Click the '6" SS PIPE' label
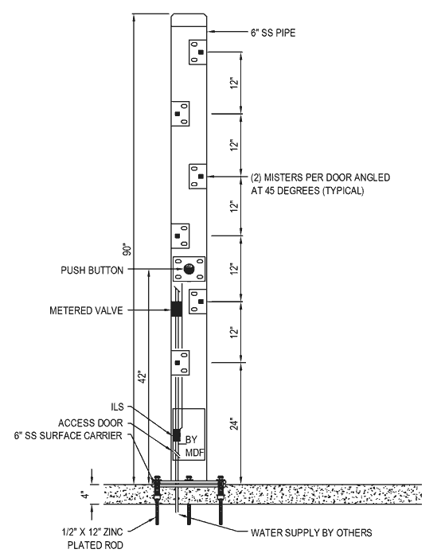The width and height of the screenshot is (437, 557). pyautogui.click(x=273, y=33)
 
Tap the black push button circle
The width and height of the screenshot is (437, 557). pyautogui.click(x=189, y=269)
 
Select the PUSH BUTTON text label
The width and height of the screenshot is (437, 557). pyautogui.click(x=92, y=271)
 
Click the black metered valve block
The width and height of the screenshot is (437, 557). pyautogui.click(x=177, y=309)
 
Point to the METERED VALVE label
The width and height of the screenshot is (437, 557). pyautogui.click(x=86, y=311)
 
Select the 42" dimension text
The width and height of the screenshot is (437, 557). pyautogui.click(x=142, y=377)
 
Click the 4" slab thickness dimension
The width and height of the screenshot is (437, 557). pyautogui.click(x=84, y=494)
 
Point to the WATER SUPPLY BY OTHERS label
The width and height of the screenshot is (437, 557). pyautogui.click(x=311, y=533)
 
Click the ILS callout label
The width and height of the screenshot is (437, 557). pyautogui.click(x=117, y=407)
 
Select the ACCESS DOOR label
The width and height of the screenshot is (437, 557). pyautogui.click(x=91, y=423)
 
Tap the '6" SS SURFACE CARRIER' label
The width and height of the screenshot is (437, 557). pyautogui.click(x=68, y=435)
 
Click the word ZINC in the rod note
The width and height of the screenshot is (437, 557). pyautogui.click(x=112, y=532)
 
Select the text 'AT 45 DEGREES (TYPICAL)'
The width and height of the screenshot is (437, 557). pyautogui.click(x=307, y=191)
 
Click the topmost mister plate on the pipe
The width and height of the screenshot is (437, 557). pyautogui.click(x=197, y=52)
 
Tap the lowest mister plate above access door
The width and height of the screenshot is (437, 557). pyautogui.click(x=180, y=363)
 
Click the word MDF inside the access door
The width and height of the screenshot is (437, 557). pyautogui.click(x=195, y=453)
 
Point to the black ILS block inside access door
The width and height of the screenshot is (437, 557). pyautogui.click(x=176, y=434)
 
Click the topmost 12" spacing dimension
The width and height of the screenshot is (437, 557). pyautogui.click(x=234, y=83)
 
